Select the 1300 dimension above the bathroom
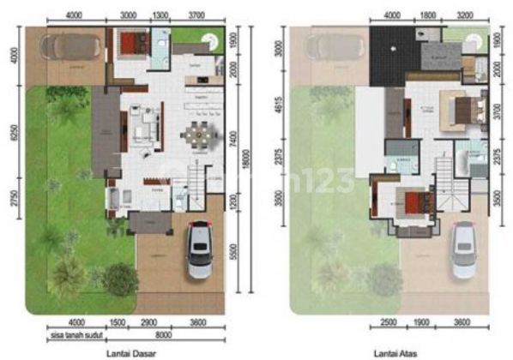pos(160,15)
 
